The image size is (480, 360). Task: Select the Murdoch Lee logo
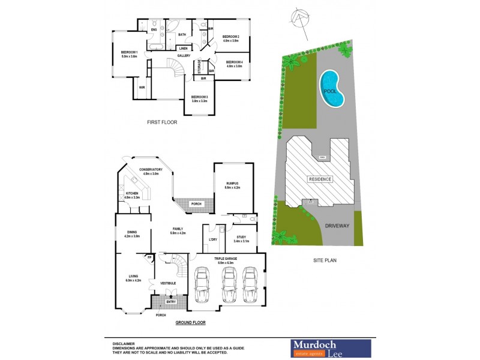(331, 347)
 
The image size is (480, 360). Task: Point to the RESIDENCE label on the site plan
(320, 179)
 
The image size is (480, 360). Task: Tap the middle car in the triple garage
(228, 284)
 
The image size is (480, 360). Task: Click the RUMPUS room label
(232, 184)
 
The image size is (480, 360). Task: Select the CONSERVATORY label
(151, 170)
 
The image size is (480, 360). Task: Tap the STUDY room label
(242, 238)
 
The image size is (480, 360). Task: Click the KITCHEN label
(132, 194)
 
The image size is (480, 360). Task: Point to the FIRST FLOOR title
(162, 122)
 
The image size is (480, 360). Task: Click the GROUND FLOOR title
(190, 323)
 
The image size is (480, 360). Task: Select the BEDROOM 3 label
(199, 98)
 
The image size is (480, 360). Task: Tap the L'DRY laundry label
(212, 239)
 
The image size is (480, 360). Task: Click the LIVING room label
(132, 277)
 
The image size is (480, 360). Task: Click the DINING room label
(133, 233)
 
